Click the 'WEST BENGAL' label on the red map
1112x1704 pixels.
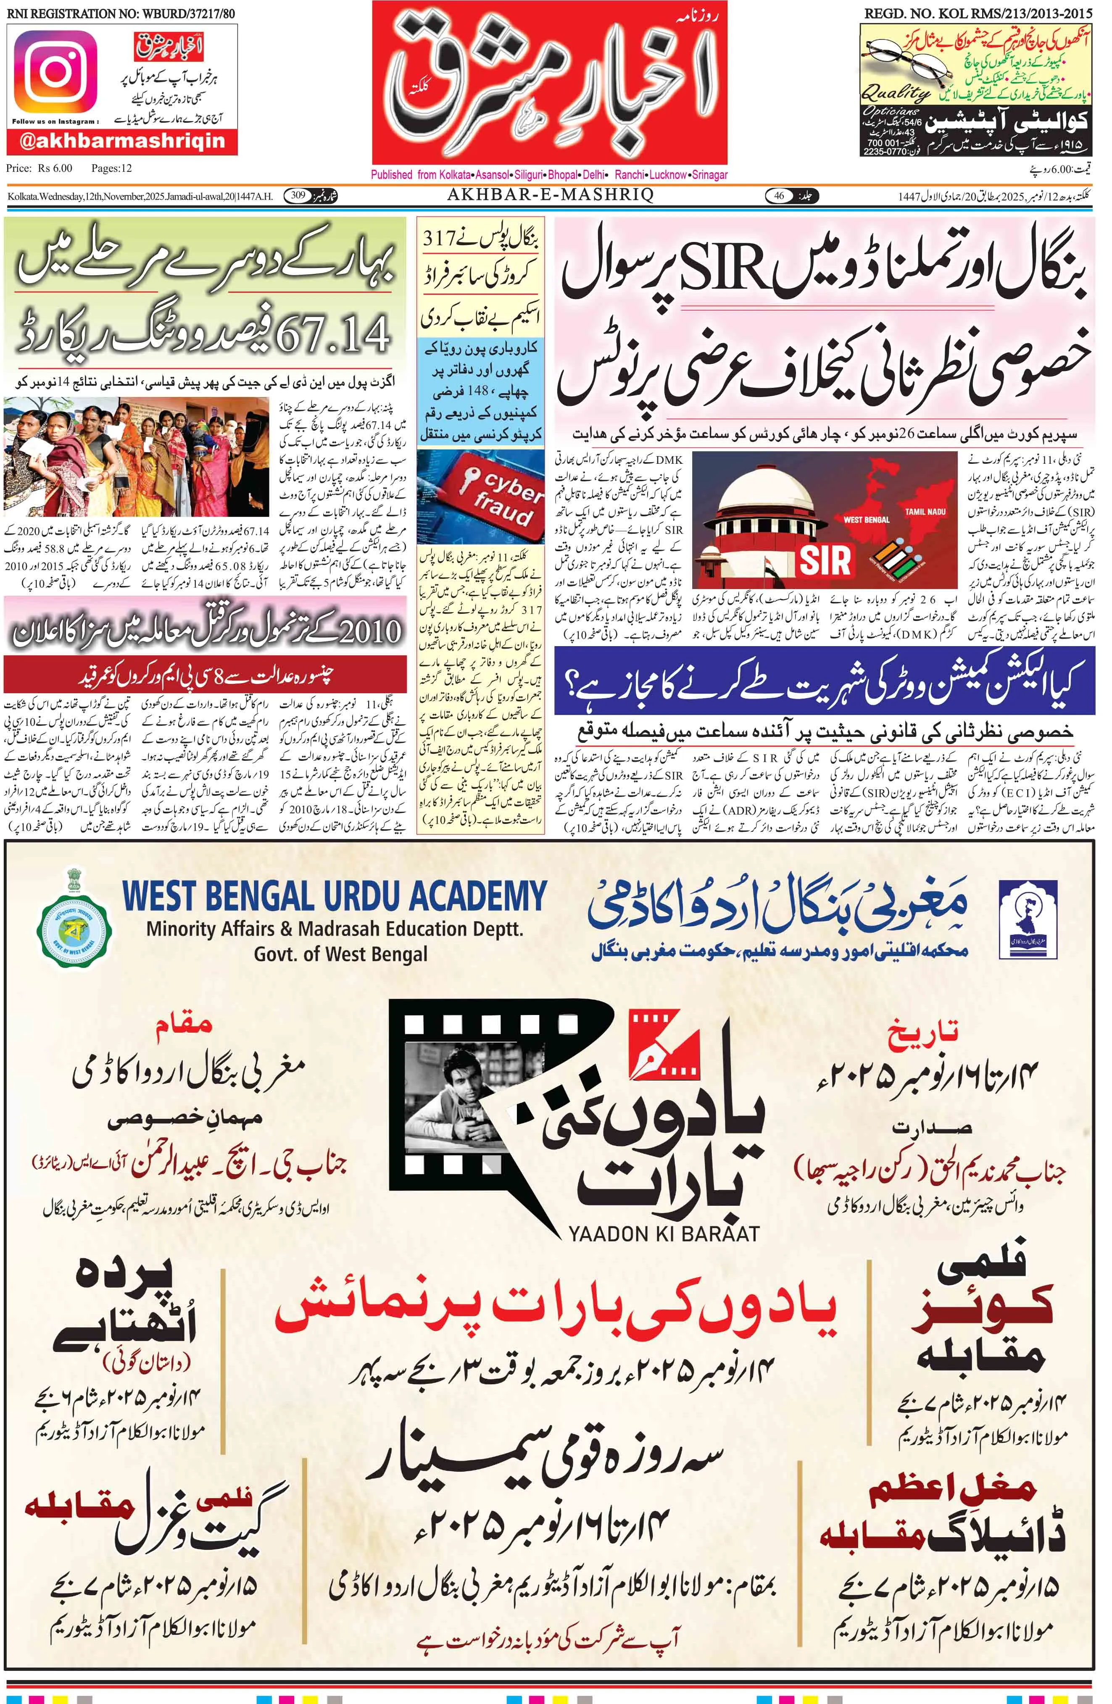click(867, 520)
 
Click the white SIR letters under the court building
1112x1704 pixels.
click(825, 561)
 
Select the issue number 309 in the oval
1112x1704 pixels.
click(298, 195)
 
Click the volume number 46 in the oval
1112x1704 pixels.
click(779, 195)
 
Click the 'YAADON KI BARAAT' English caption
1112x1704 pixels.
click(663, 1233)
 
